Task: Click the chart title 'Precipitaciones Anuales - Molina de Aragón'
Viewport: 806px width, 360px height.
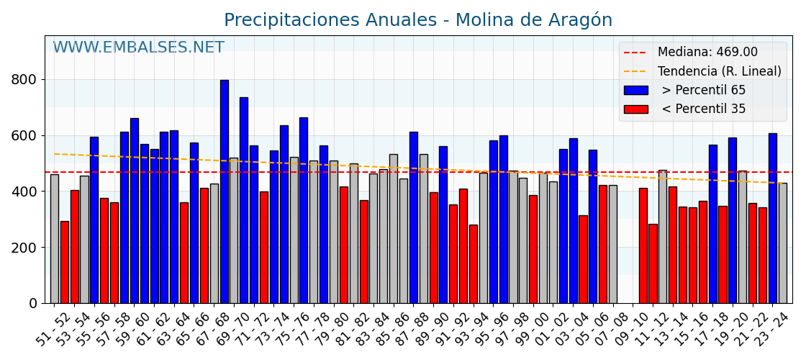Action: tap(418, 20)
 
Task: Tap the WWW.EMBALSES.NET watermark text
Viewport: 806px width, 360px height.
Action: tap(138, 48)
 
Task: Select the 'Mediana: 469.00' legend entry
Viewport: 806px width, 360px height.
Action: tap(707, 53)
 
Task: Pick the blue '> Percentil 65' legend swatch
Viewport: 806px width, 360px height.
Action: tap(635, 91)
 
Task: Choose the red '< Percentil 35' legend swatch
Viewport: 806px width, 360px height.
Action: tap(635, 109)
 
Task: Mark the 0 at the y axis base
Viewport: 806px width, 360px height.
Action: tap(33, 304)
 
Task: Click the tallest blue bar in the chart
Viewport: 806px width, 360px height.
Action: tap(225, 191)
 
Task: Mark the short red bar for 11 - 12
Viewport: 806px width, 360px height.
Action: tap(653, 264)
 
